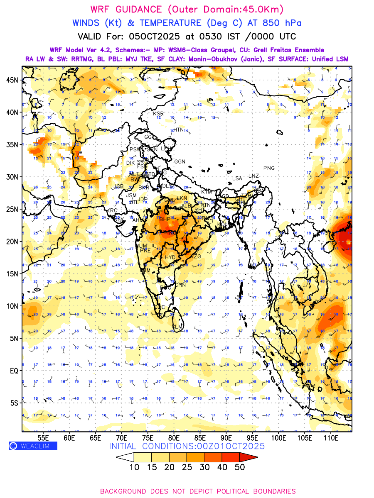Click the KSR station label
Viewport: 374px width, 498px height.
click(x=158, y=113)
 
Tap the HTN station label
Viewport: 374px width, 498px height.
click(x=178, y=129)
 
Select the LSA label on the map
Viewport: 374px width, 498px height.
click(x=237, y=178)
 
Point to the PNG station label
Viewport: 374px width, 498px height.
click(x=269, y=168)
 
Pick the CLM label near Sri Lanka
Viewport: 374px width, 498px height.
click(x=177, y=327)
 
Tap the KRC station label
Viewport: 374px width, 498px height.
click(x=112, y=210)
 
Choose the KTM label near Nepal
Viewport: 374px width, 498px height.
click(x=206, y=192)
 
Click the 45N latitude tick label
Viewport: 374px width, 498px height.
click(x=14, y=80)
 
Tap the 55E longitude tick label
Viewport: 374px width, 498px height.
click(x=43, y=437)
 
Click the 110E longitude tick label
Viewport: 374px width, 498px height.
click(x=331, y=437)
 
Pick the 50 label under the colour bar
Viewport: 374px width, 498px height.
click(x=240, y=467)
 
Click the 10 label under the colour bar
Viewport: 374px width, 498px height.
click(x=134, y=467)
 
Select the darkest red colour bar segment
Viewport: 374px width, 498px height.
click(x=249, y=457)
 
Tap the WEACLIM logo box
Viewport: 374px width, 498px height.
click(x=33, y=446)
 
